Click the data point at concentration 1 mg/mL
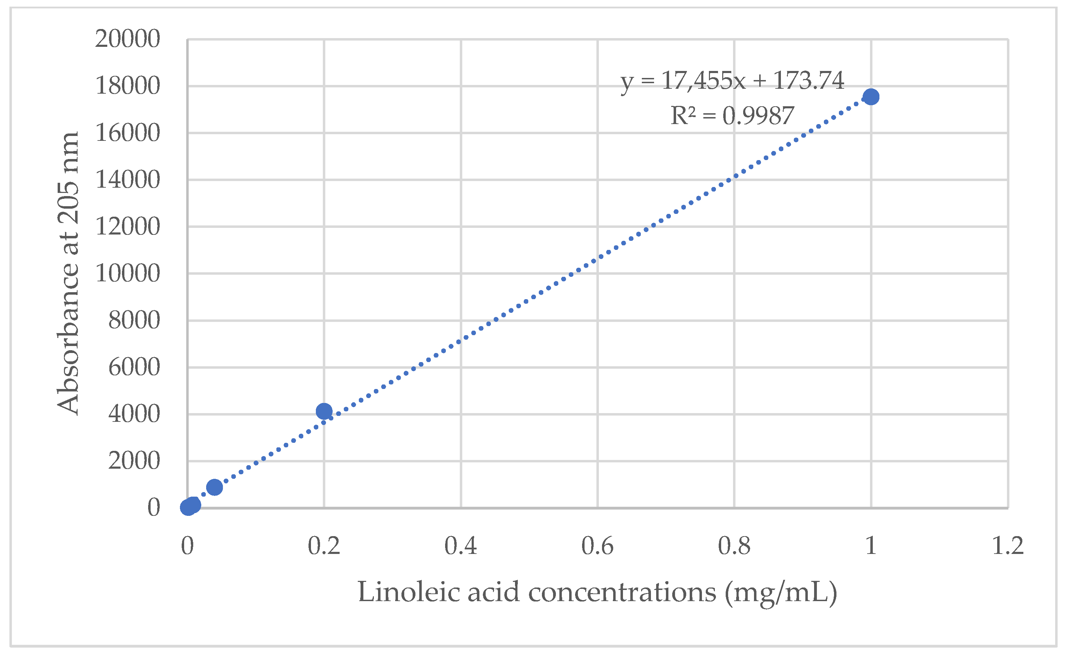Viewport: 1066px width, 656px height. [x=871, y=97]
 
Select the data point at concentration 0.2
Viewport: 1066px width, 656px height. [x=324, y=411]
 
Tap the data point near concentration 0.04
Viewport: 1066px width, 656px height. [x=214, y=487]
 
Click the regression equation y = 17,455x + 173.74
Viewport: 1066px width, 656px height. [x=732, y=81]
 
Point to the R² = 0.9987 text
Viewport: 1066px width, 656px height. [x=732, y=116]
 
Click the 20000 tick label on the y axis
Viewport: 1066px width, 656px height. [x=128, y=39]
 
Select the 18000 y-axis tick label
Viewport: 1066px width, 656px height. [x=128, y=86]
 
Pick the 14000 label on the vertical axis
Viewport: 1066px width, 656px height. [x=128, y=180]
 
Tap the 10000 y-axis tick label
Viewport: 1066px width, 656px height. [x=128, y=274]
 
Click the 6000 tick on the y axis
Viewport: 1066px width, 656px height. [x=134, y=367]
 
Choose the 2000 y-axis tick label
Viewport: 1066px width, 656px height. [x=134, y=461]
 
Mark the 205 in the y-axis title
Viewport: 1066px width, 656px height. [x=68, y=203]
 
